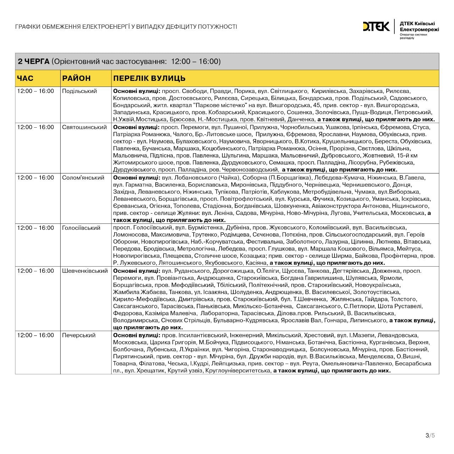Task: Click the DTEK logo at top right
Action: pyautogui.click(x=376, y=27)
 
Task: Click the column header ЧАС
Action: pyautogui.click(x=25, y=78)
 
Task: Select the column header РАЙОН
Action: pyautogui.click(x=76, y=78)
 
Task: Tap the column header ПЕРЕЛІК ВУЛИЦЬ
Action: pyautogui.click(x=149, y=78)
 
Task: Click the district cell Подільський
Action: pyautogui.click(x=79, y=91)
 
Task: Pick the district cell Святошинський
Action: pyautogui.click(x=84, y=127)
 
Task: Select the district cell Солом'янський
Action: pyautogui.click(x=83, y=178)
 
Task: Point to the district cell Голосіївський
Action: pyautogui.click(x=81, y=228)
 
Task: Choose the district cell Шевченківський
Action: pyautogui.click(x=85, y=271)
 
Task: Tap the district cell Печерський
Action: pyautogui.click(x=79, y=336)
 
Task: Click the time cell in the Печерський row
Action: pyautogui.click(x=35, y=336)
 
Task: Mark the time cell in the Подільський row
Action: pyautogui.click(x=35, y=91)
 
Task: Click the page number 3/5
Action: pyautogui.click(x=430, y=436)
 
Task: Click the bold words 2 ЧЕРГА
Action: pyautogui.click(x=34, y=62)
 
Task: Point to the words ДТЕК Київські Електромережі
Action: pyautogui.click(x=419, y=27)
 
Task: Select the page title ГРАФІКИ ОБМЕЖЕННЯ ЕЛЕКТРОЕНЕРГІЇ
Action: pyautogui.click(x=126, y=27)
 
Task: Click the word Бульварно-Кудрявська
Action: pyautogui.click(x=245, y=321)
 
